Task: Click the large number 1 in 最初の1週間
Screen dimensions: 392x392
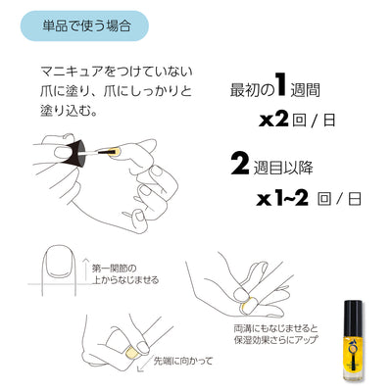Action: pyautogui.click(x=280, y=85)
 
